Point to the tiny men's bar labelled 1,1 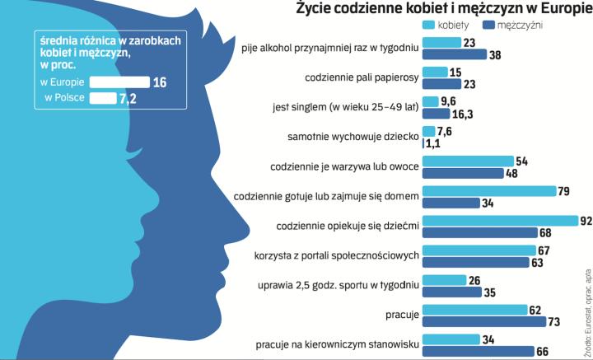[x=423, y=143]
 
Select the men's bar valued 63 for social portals [x=474, y=263]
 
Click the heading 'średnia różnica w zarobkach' [x=112, y=40]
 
